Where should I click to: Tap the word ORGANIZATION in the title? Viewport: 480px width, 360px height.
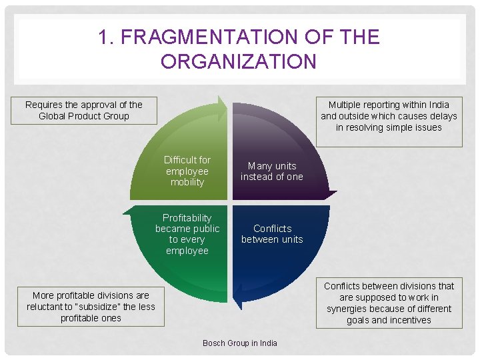[239, 61]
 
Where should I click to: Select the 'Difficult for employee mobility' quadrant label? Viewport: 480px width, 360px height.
[187, 171]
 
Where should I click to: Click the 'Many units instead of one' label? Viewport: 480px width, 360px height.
[272, 171]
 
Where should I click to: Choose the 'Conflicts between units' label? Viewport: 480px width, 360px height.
[272, 234]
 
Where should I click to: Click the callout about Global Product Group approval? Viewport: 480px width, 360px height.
[84, 110]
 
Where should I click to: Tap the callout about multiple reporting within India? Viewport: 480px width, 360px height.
[389, 116]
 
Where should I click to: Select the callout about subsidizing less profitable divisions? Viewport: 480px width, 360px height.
[91, 307]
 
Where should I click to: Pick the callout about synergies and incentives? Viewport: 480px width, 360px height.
[389, 303]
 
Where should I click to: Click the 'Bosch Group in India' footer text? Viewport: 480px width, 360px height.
[240, 343]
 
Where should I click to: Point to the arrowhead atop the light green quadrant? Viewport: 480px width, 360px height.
[222, 107]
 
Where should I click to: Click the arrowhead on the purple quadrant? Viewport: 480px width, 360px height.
[329, 194]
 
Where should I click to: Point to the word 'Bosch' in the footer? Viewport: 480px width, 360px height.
[215, 343]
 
